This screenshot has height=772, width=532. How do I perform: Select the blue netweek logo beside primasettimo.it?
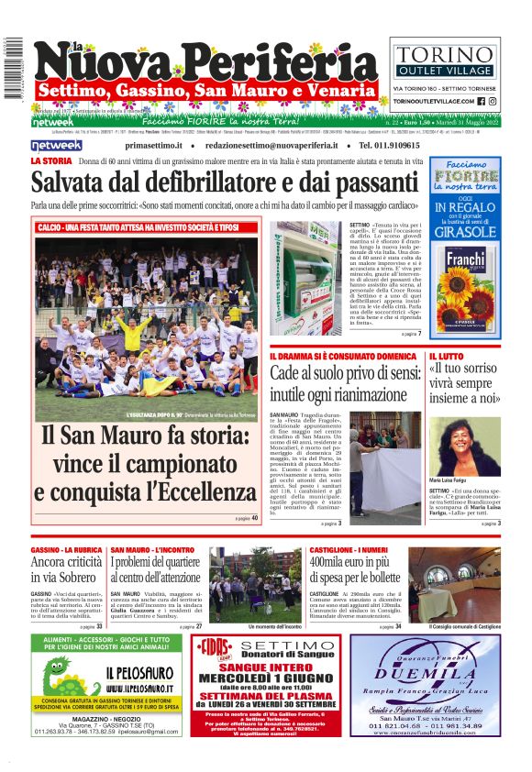coord(56,145)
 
